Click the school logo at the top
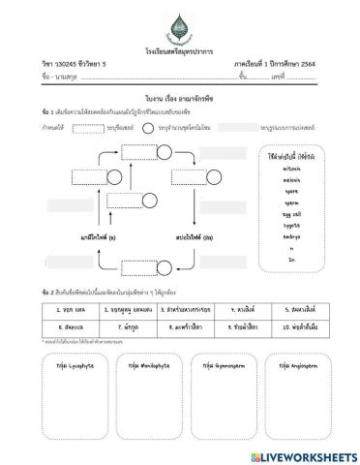click(x=180, y=21)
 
